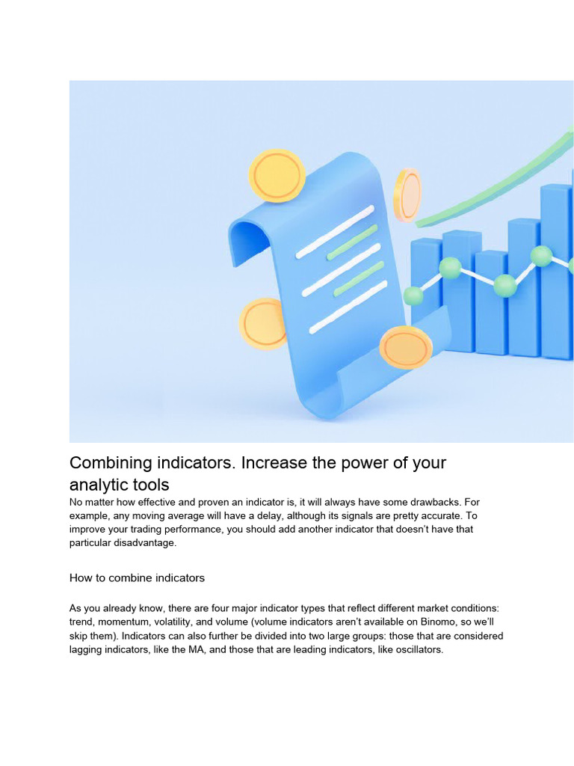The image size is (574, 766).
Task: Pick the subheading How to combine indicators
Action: (137, 578)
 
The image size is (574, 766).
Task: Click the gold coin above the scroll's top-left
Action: (277, 176)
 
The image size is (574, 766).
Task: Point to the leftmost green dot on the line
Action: (413, 295)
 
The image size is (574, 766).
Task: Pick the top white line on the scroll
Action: (335, 232)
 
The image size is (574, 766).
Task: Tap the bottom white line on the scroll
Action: (348, 307)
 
